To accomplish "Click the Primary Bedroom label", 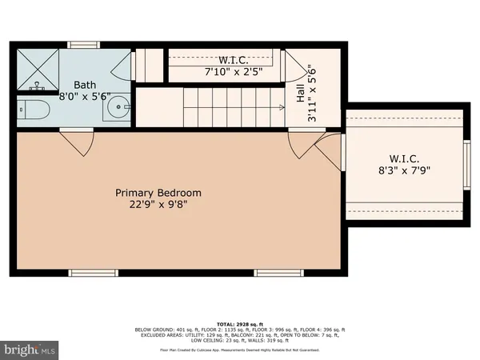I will coord(158,193).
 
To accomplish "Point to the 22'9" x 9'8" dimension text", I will coord(158,206).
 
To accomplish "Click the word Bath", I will coord(86,85).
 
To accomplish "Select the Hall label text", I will coord(301,94).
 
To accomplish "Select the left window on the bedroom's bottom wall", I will coord(93,273).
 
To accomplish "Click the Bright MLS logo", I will coord(30,349).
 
